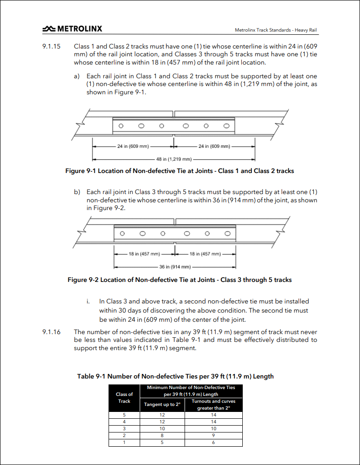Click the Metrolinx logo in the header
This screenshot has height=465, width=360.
(x=72, y=29)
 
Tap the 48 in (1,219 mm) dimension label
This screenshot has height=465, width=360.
(x=174, y=159)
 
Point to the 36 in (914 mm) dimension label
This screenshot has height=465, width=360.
(x=175, y=267)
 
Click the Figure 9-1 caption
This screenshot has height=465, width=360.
(x=180, y=171)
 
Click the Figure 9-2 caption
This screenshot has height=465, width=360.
(x=180, y=280)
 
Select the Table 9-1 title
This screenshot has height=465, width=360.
(x=175, y=376)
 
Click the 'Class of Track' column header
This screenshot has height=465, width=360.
(x=124, y=398)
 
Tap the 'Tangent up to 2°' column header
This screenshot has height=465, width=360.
(x=162, y=405)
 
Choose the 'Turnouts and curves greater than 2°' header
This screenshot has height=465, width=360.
(x=213, y=405)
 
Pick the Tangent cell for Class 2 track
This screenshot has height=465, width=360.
(x=162, y=435)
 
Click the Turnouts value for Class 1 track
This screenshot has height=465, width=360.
(x=213, y=443)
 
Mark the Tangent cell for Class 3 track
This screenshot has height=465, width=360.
(x=162, y=428)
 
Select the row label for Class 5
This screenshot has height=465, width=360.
(x=124, y=415)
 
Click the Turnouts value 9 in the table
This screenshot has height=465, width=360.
(x=213, y=435)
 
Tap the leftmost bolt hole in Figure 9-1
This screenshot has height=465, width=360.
(x=121, y=126)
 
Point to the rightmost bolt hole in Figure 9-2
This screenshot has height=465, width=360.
(x=228, y=234)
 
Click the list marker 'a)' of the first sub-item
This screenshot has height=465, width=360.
(x=77, y=76)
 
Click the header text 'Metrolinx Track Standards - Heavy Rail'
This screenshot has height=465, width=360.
(x=276, y=30)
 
